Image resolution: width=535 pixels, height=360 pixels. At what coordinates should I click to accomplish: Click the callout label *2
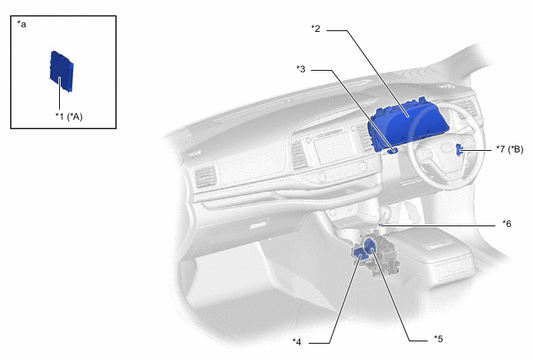pyautogui.click(x=316, y=29)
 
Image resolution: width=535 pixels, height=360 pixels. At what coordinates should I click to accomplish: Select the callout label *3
pyautogui.click(x=301, y=69)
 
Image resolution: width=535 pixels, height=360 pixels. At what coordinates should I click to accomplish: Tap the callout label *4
pyautogui.click(x=297, y=341)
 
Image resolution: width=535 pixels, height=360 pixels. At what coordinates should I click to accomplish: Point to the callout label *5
pyautogui.click(x=438, y=339)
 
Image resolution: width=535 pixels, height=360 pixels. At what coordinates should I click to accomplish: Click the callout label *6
pyautogui.click(x=507, y=223)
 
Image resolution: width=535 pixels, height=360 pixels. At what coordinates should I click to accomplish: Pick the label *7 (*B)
pyautogui.click(x=509, y=149)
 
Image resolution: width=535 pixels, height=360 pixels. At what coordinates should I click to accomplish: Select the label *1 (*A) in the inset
pyautogui.click(x=69, y=117)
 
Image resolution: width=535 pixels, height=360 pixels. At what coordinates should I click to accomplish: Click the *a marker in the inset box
pyautogui.click(x=22, y=24)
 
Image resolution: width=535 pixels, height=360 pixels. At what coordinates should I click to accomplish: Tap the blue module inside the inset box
pyautogui.click(x=61, y=71)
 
